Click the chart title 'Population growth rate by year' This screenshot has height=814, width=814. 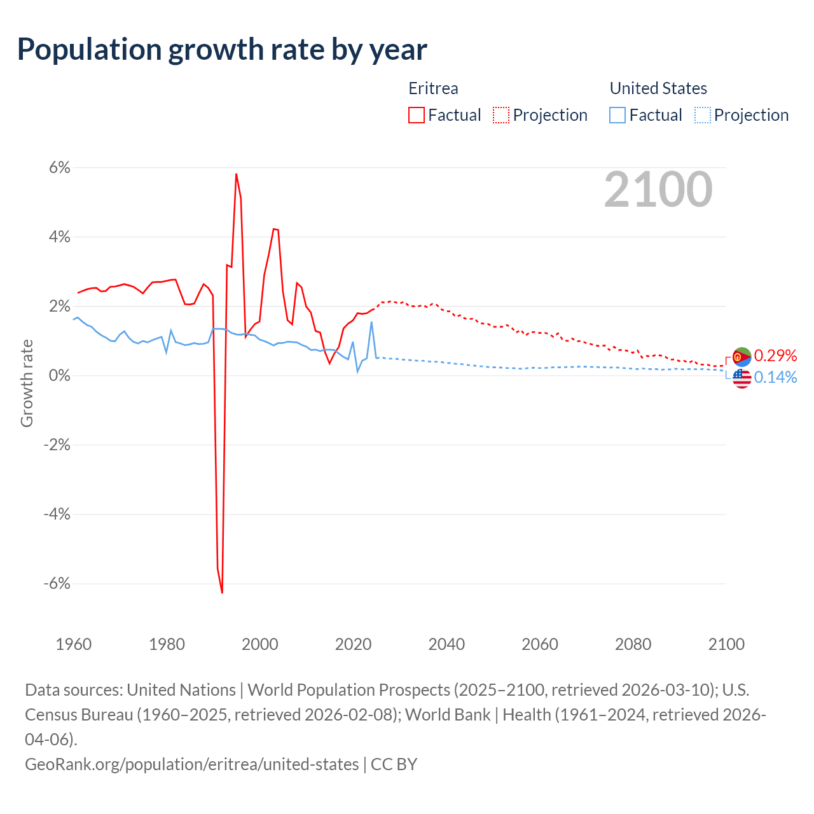point(222,50)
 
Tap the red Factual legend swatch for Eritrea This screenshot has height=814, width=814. point(416,115)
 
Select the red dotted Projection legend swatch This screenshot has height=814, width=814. point(501,115)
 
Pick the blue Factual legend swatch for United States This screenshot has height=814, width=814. point(617,115)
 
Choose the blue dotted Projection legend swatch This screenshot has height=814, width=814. point(702,115)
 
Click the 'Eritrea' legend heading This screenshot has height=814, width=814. point(433,88)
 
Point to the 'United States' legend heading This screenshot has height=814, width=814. point(658,88)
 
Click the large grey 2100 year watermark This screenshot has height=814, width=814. point(658,189)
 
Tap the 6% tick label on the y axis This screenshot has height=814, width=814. point(59,168)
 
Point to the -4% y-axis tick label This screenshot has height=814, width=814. point(57,514)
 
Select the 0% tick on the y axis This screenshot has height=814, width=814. point(59,375)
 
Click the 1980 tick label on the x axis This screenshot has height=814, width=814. point(167,644)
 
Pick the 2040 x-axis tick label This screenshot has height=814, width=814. point(446,644)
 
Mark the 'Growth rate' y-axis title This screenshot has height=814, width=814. point(27,383)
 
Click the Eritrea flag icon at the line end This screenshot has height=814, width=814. point(742,357)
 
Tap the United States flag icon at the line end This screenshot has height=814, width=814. point(742,378)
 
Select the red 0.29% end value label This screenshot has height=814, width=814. point(775,355)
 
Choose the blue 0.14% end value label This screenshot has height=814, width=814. point(775,378)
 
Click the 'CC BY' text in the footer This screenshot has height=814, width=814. point(394,764)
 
